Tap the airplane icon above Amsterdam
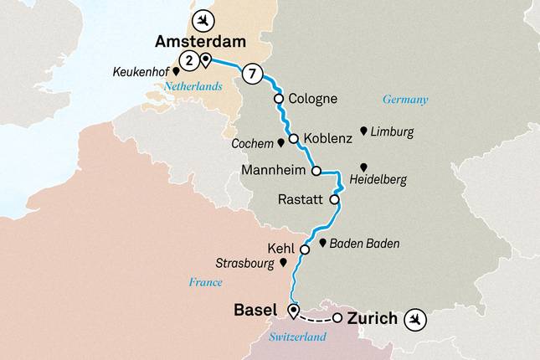201,18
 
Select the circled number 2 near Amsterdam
190,59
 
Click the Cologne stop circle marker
279,99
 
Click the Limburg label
392,132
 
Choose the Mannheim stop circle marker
316,171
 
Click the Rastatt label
301,201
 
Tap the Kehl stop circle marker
305,249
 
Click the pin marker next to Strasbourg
284,262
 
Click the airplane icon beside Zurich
414,318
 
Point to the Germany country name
405,100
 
